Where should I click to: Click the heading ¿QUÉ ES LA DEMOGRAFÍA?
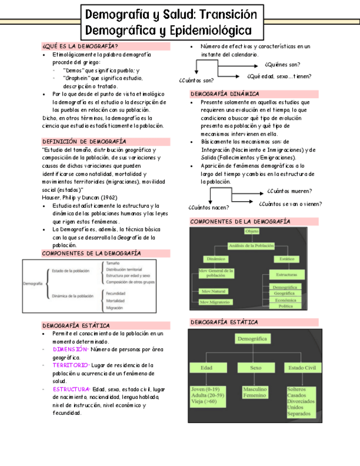click(80, 46)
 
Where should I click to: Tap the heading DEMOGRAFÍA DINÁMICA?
click(225, 94)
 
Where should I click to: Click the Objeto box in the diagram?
click(252, 231)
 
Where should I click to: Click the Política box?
click(286, 306)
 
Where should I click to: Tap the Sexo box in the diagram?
click(256, 368)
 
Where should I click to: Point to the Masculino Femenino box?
click(255, 392)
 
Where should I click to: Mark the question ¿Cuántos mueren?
click(290, 191)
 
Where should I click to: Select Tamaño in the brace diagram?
click(114, 263)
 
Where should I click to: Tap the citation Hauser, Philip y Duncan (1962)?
click(79, 197)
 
